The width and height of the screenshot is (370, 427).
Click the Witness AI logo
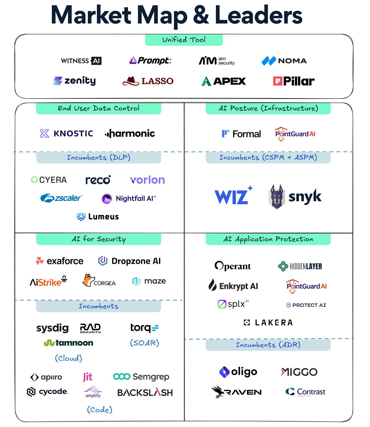pyautogui.click(x=81, y=61)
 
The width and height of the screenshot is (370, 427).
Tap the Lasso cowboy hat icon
pyautogui.click(x=131, y=81)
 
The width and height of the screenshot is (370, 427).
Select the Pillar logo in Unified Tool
pyautogui.click(x=294, y=81)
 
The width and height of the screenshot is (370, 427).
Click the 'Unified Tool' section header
pyautogui.click(x=184, y=40)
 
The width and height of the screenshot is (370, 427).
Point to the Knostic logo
pyautogui.click(x=67, y=133)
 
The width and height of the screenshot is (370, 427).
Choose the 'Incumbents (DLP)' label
pyautogui.click(x=98, y=157)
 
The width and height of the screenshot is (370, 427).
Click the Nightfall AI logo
pyautogui.click(x=129, y=198)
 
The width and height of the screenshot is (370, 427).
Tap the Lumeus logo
pyautogui.click(x=98, y=217)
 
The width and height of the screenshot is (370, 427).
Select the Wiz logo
pyautogui.click(x=233, y=196)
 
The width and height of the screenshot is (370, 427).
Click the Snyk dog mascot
pyautogui.click(x=277, y=197)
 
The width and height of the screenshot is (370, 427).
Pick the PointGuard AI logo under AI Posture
pyautogui.click(x=295, y=134)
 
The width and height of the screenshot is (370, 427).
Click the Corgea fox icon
pyautogui.click(x=88, y=280)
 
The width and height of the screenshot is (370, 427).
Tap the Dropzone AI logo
pyautogui.click(x=129, y=261)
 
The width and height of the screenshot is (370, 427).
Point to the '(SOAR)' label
pyautogui.click(x=144, y=343)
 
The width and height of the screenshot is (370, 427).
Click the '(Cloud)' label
pyautogui.click(x=69, y=358)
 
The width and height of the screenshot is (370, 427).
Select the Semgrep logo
pyautogui.click(x=141, y=377)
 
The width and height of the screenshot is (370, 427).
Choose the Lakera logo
pyautogui.click(x=268, y=323)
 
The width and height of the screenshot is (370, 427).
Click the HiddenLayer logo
pyautogui.click(x=300, y=266)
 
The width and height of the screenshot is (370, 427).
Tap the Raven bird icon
pyautogui.click(x=218, y=392)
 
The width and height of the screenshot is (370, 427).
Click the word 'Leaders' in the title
pyautogui.click(x=258, y=16)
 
